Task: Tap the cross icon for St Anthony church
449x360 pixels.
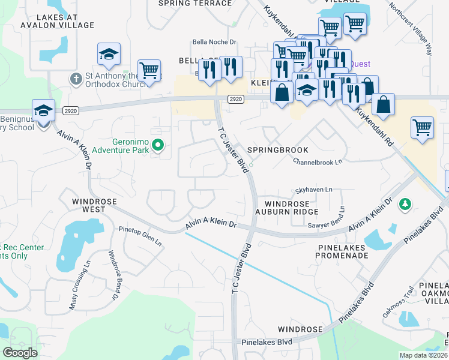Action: (76, 79)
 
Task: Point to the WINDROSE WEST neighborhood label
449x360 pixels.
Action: (88, 205)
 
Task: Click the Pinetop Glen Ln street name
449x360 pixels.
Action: (140, 235)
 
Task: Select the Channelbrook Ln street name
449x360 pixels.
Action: (318, 161)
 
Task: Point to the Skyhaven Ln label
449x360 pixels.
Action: (313, 190)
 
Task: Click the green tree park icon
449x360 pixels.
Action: (406, 205)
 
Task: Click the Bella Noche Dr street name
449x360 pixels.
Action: (215, 43)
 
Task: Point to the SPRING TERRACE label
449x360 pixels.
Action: (194, 3)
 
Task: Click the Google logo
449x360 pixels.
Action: (20, 353)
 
